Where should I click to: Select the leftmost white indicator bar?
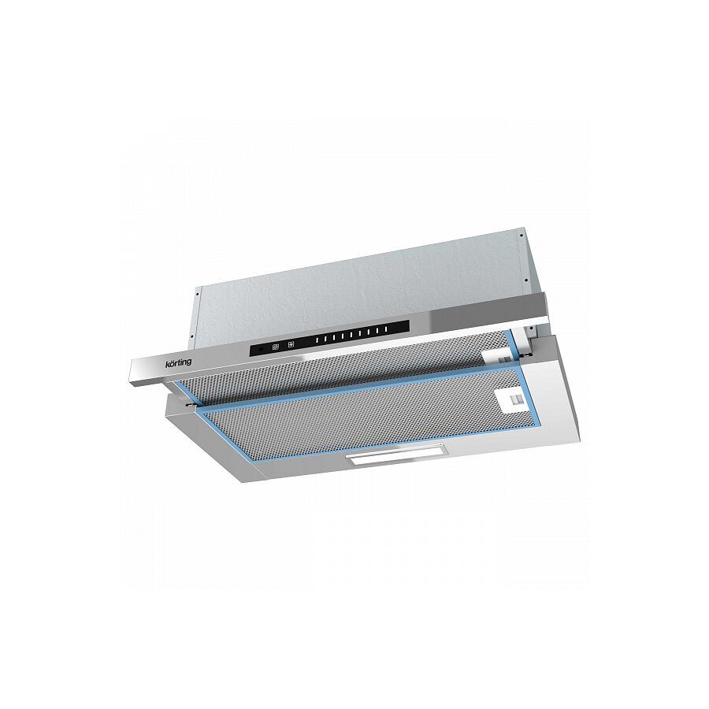pos(318,339)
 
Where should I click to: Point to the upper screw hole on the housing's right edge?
pos(522,235)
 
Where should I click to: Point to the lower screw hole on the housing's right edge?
pos(526,280)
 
